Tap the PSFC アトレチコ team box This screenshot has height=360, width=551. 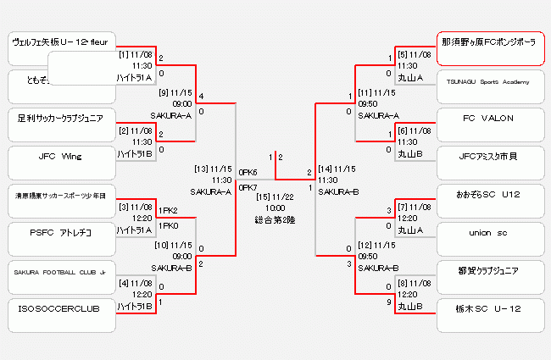tap(61, 231)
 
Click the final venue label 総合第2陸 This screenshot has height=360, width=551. tap(275, 219)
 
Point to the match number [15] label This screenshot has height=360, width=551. tap(264, 197)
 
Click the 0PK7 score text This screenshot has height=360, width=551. tap(248, 187)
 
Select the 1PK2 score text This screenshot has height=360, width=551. tap(168, 211)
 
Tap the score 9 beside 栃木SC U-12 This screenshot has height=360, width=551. tap(388, 302)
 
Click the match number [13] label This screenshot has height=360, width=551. tap(202, 168)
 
